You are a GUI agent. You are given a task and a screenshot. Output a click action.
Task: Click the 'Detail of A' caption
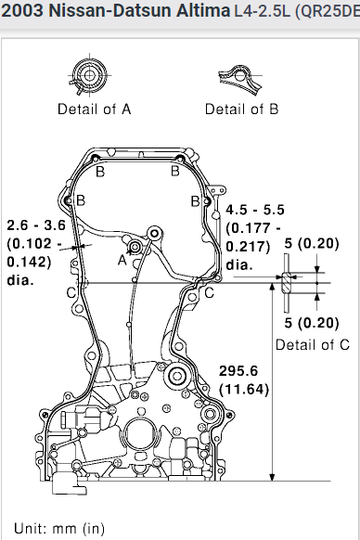point(95,109)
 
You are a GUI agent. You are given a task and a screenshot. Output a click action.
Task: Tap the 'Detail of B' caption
point(241,109)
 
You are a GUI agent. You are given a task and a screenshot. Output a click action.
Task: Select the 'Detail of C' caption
point(313,345)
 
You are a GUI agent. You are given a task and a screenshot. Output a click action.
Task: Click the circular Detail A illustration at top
point(89,75)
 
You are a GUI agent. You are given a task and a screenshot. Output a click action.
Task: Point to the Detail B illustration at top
point(240,79)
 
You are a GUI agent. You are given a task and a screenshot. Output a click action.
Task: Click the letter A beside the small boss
point(122,261)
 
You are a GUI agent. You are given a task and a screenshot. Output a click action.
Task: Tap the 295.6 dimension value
point(238,371)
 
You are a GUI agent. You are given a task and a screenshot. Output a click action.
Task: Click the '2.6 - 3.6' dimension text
point(36,225)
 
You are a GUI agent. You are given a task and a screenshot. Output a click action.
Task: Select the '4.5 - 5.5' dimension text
point(255,210)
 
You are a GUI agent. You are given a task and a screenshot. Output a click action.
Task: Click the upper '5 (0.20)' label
point(312,243)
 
